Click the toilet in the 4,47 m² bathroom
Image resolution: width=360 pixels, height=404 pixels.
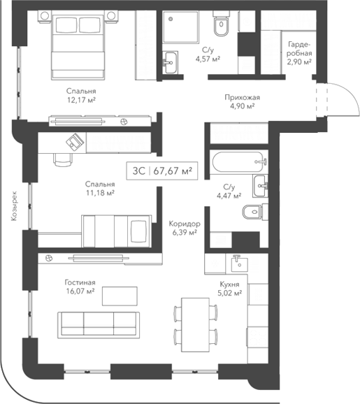[x=250, y=212]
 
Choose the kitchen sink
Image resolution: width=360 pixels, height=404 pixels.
[x=237, y=264]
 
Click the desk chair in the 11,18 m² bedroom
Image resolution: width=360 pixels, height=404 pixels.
[x=63, y=159]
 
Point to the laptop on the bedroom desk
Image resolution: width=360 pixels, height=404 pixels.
[x=74, y=142]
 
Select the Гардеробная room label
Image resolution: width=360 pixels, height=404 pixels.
[x=299, y=48]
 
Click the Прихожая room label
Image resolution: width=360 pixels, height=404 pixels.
[x=239, y=97]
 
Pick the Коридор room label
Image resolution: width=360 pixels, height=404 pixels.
[x=185, y=224]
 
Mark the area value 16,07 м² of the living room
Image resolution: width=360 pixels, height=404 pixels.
[x=80, y=291]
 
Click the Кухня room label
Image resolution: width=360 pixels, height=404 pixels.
[x=229, y=285]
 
